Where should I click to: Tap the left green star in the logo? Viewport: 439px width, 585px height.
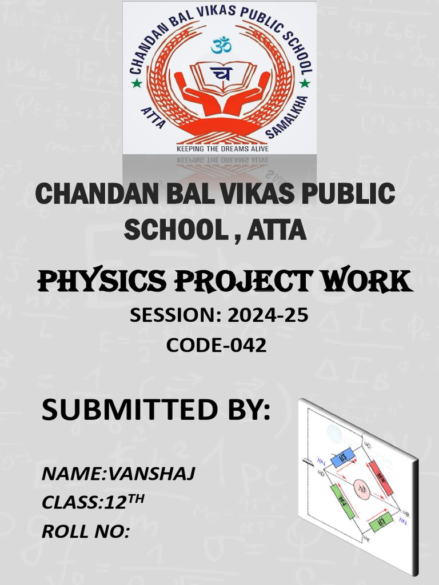pyautogui.click(x=137, y=83)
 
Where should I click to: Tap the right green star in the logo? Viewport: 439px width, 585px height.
pyautogui.click(x=305, y=83)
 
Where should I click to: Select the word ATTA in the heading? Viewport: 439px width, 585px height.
pyautogui.click(x=277, y=231)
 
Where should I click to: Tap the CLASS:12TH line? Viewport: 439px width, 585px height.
pyautogui.click(x=93, y=502)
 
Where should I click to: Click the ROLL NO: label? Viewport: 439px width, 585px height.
pyautogui.click(x=86, y=532)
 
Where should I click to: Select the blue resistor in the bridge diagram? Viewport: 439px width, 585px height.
pyautogui.click(x=344, y=457)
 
